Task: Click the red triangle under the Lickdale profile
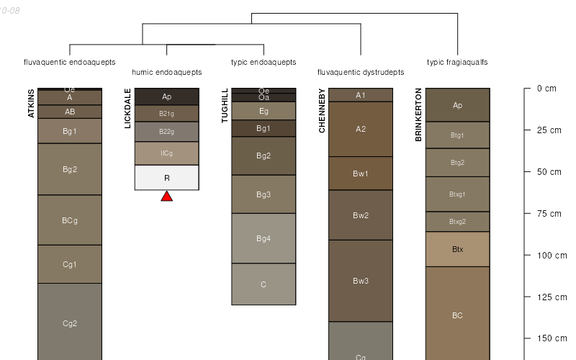click(166, 196)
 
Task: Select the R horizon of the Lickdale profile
click(166, 178)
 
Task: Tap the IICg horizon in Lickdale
click(166, 153)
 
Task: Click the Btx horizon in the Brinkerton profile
click(458, 249)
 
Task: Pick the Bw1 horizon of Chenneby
click(361, 174)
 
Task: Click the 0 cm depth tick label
click(546, 89)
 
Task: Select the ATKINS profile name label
click(31, 103)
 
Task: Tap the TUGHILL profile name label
click(225, 106)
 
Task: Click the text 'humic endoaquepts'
click(167, 73)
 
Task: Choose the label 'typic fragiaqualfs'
click(457, 63)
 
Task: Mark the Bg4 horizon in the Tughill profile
click(264, 238)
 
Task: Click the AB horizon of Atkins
click(70, 112)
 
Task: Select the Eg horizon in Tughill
click(264, 111)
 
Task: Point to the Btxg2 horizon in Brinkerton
click(458, 222)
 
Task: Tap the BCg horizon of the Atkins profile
click(70, 220)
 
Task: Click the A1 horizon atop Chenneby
click(361, 95)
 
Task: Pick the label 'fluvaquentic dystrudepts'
click(361, 73)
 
